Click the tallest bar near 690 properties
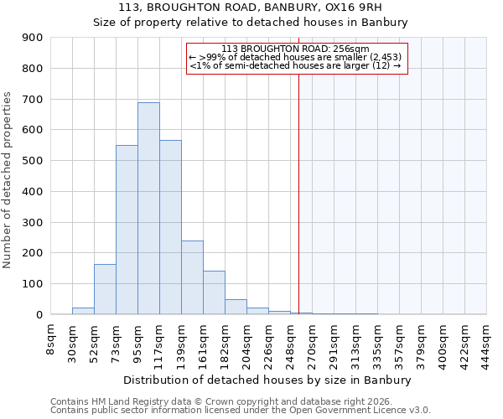(148, 209)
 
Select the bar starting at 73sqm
(127, 230)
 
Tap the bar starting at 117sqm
(170, 227)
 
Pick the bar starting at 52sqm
(105, 289)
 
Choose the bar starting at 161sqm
(214, 292)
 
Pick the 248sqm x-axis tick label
(290, 344)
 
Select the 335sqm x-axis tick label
(377, 344)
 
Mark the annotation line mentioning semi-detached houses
(296, 65)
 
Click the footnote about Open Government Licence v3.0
(241, 411)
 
